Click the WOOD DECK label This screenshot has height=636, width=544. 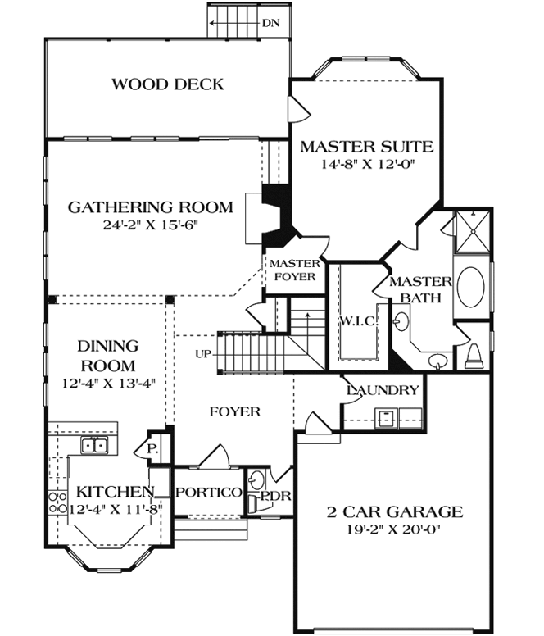pyautogui.click(x=167, y=84)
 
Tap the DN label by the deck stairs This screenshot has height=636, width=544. pyautogui.click(x=271, y=23)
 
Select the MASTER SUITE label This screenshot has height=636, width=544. pyautogui.click(x=366, y=148)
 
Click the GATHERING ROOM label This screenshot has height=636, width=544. pyautogui.click(x=150, y=207)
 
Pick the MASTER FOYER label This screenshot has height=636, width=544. pyautogui.click(x=294, y=270)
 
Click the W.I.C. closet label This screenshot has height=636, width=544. pyautogui.click(x=357, y=320)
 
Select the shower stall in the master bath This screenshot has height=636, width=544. pyautogui.click(x=468, y=233)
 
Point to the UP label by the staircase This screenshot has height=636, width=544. pyautogui.click(x=204, y=354)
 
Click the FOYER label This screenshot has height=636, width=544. pyautogui.click(x=235, y=411)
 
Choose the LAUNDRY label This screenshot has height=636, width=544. pyautogui.click(x=383, y=390)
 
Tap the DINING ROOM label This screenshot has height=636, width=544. pyautogui.click(x=107, y=356)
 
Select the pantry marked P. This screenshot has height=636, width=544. pyautogui.click(x=152, y=449)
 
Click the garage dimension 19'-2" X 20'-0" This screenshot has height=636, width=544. pyautogui.click(x=393, y=530)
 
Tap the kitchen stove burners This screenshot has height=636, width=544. pyautogui.click(x=57, y=502)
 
